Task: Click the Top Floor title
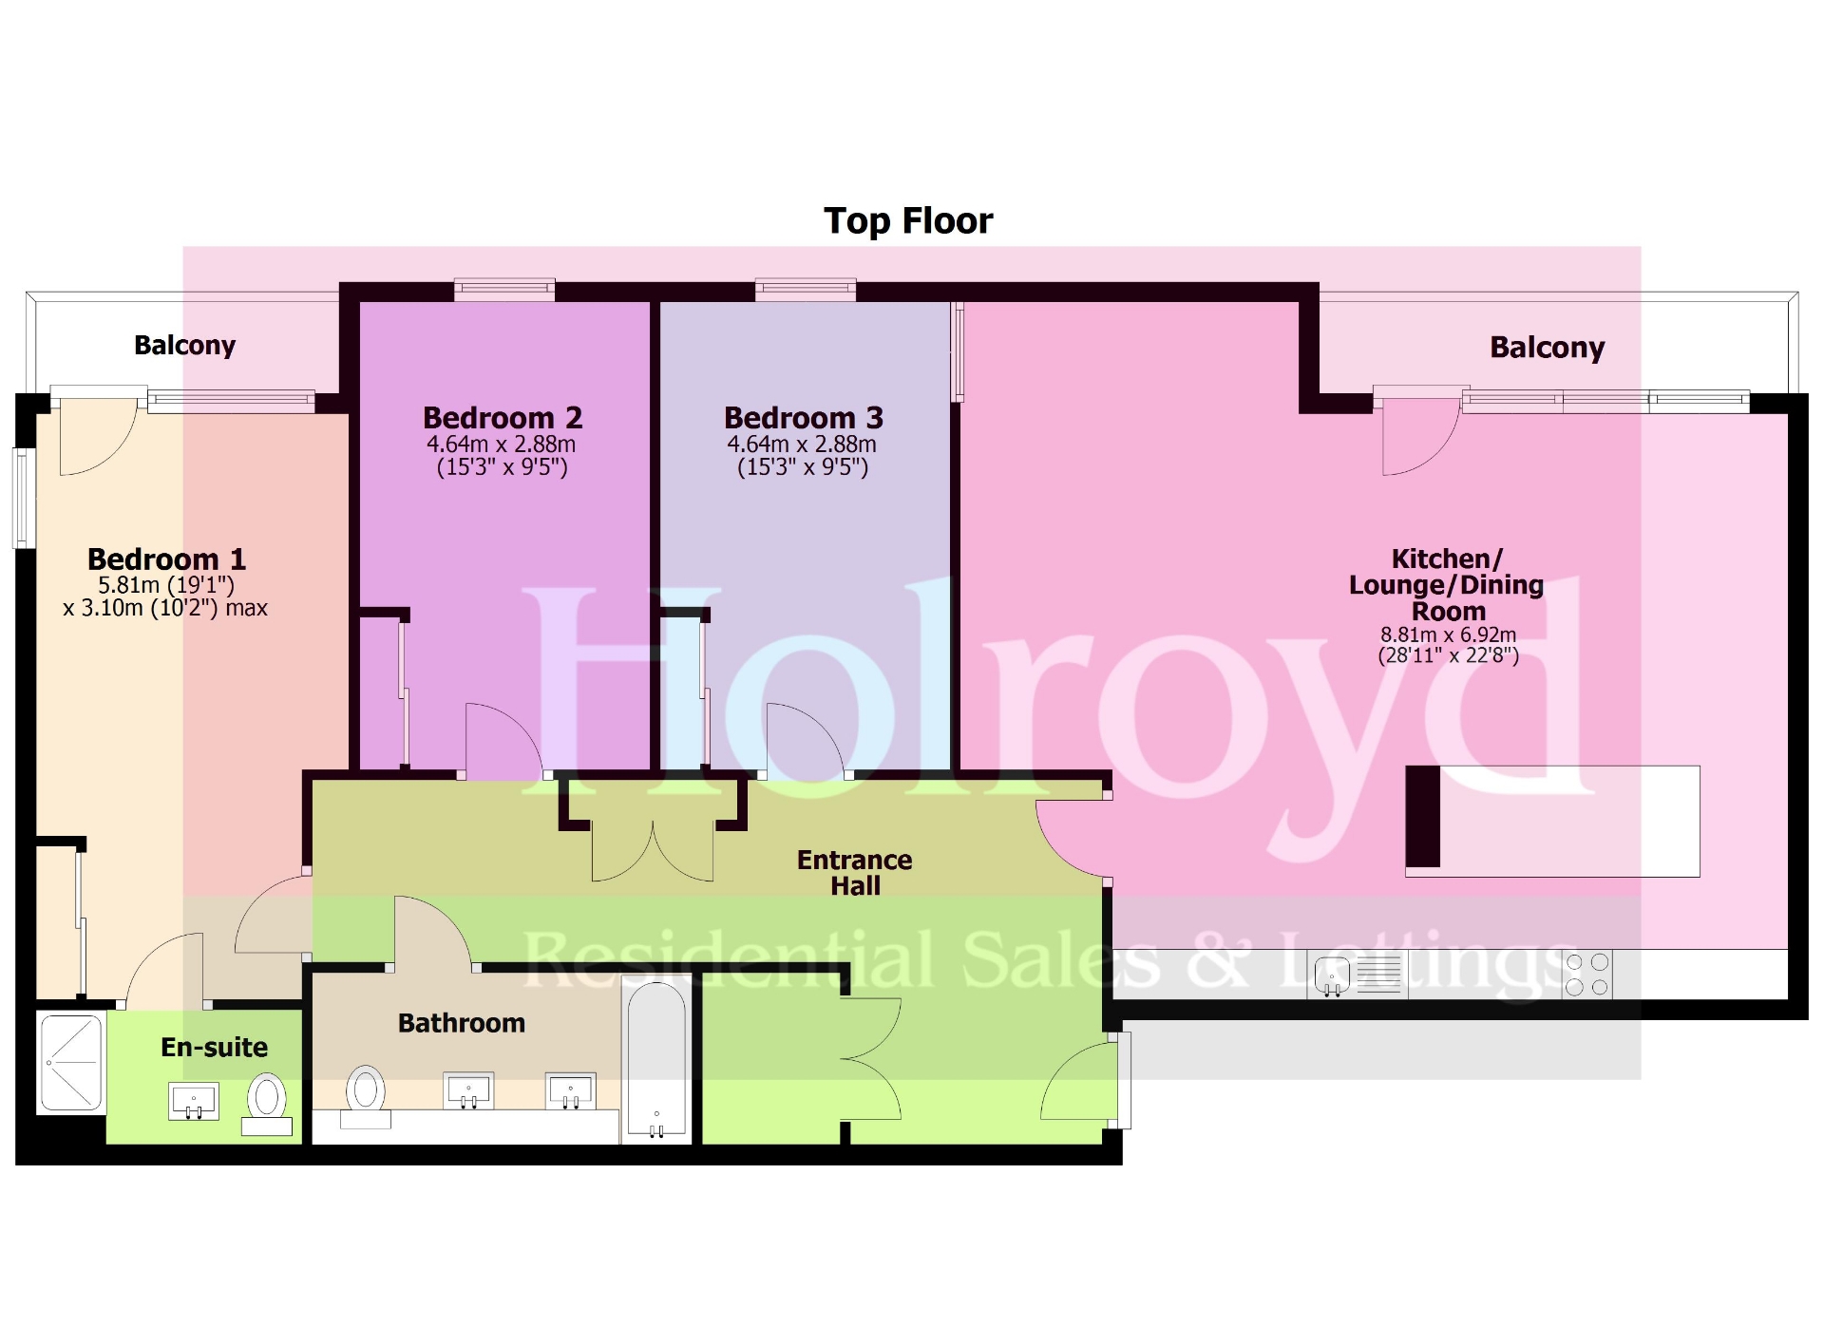point(907,220)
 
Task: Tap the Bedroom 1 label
point(166,559)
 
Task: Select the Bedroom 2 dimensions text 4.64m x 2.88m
point(501,445)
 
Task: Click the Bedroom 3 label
point(803,418)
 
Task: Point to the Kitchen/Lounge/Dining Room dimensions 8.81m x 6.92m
point(1448,635)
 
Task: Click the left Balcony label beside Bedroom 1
point(184,345)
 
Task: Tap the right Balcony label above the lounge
point(1547,348)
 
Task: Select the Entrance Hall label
point(854,872)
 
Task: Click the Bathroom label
point(461,1023)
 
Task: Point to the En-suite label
point(214,1047)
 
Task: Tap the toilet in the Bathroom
point(366,1094)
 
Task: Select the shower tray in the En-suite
point(70,1062)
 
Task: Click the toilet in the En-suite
point(267,1102)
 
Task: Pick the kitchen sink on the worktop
point(1332,976)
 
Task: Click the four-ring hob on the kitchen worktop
point(1586,975)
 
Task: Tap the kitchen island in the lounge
point(1552,821)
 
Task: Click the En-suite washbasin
point(194,1102)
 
